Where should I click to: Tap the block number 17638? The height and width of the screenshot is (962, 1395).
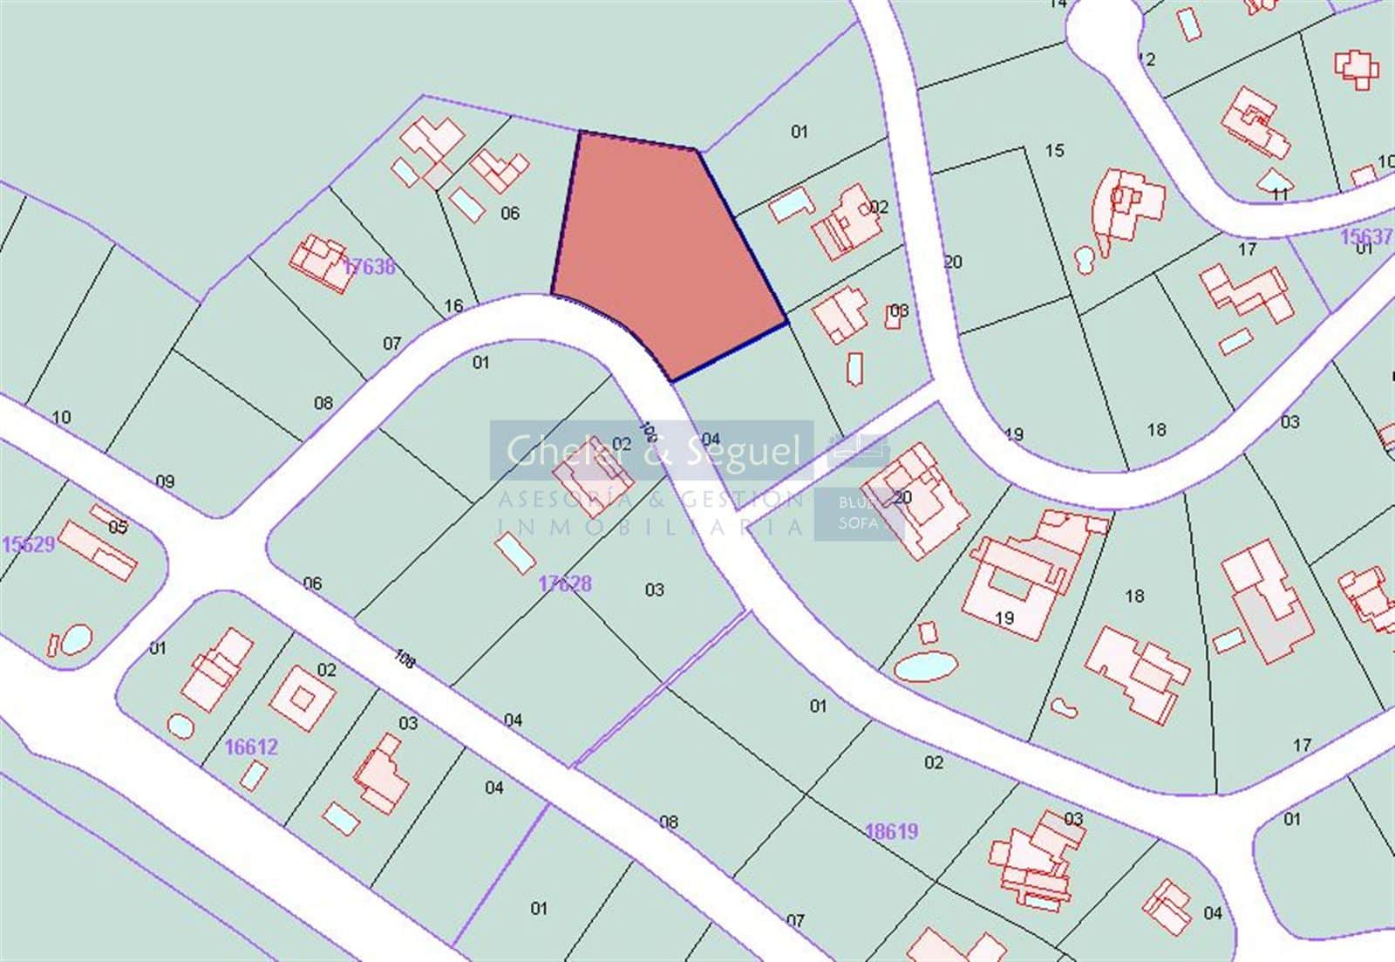[x=369, y=267]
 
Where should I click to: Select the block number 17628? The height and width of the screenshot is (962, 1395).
[x=565, y=583]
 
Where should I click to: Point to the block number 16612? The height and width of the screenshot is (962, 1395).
[x=251, y=747]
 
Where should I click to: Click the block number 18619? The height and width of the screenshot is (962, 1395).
[x=892, y=831]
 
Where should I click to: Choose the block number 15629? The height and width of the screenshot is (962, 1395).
[x=28, y=544]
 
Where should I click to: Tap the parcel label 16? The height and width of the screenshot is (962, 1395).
[x=453, y=306]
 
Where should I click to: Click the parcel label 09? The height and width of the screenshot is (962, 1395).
[x=165, y=481]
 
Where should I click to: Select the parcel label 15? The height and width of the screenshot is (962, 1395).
[x=1055, y=151]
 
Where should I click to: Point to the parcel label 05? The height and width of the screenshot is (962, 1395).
[x=118, y=527]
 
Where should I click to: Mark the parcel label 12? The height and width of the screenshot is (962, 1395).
[x=1147, y=59]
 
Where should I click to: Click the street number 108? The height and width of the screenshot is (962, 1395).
[x=404, y=658]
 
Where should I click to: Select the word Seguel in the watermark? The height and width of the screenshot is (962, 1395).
[x=744, y=450]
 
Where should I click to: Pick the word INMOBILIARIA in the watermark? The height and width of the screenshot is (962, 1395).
[x=650, y=527]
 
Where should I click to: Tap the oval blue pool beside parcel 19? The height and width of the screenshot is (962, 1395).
[x=926, y=667]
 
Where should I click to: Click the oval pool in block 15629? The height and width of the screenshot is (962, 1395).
[x=77, y=639]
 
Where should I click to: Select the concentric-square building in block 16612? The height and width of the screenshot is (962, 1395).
[x=302, y=698]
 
